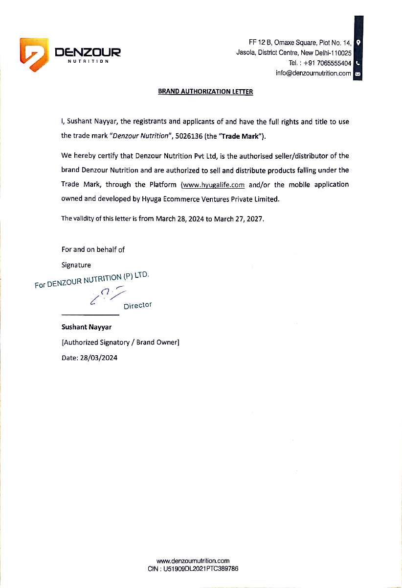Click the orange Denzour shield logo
(34, 54)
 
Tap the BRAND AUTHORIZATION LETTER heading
(205, 92)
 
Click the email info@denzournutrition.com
(313, 73)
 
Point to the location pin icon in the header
(358, 43)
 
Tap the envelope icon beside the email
(358, 74)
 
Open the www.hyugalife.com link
(213, 185)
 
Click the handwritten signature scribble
(108, 296)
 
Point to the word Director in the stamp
(137, 306)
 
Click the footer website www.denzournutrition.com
(193, 561)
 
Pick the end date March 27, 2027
(239, 219)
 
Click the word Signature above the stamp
(76, 265)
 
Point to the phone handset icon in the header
(358, 63)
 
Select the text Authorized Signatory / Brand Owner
(120, 343)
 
